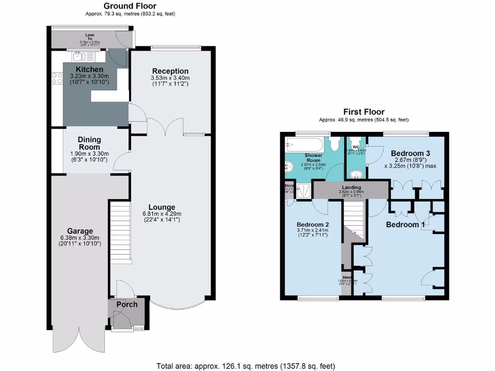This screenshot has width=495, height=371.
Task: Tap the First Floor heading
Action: [364, 112]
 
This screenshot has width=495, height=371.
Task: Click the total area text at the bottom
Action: [246, 366]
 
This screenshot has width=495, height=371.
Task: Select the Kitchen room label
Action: [86, 70]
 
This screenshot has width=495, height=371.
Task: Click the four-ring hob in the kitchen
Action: [56, 78]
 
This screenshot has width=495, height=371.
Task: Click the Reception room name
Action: [170, 71]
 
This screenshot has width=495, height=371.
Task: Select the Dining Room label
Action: [89, 143]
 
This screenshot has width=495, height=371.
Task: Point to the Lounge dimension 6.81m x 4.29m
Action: [162, 214]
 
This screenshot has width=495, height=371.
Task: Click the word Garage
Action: [80, 231]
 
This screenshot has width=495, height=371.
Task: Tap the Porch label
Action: [127, 304]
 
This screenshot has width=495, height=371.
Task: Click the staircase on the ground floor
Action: [121, 232]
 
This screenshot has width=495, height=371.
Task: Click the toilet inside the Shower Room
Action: [334, 144]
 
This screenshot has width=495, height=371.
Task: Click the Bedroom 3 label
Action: [410, 153]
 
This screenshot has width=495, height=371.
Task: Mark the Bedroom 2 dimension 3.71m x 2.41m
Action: [312, 230]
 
